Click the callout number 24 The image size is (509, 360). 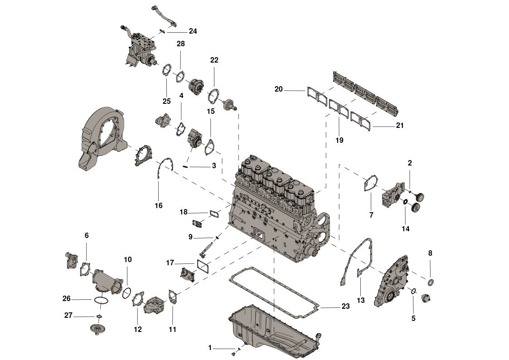coord(193,31)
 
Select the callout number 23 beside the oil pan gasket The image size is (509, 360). coord(345,306)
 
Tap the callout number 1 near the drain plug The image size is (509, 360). coord(210,348)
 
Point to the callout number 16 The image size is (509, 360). coord(159,205)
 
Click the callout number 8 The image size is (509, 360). coord(430,253)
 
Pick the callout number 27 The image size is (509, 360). coord(68,315)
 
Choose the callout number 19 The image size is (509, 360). coord(339,140)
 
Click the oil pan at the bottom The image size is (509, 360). coord(276,331)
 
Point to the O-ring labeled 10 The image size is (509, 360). coord(127,293)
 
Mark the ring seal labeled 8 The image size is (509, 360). coord(431,282)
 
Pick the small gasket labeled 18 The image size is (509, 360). coord(214,213)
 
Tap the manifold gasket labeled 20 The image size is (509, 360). coord(316,95)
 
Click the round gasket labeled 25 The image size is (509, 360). coord(167,70)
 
